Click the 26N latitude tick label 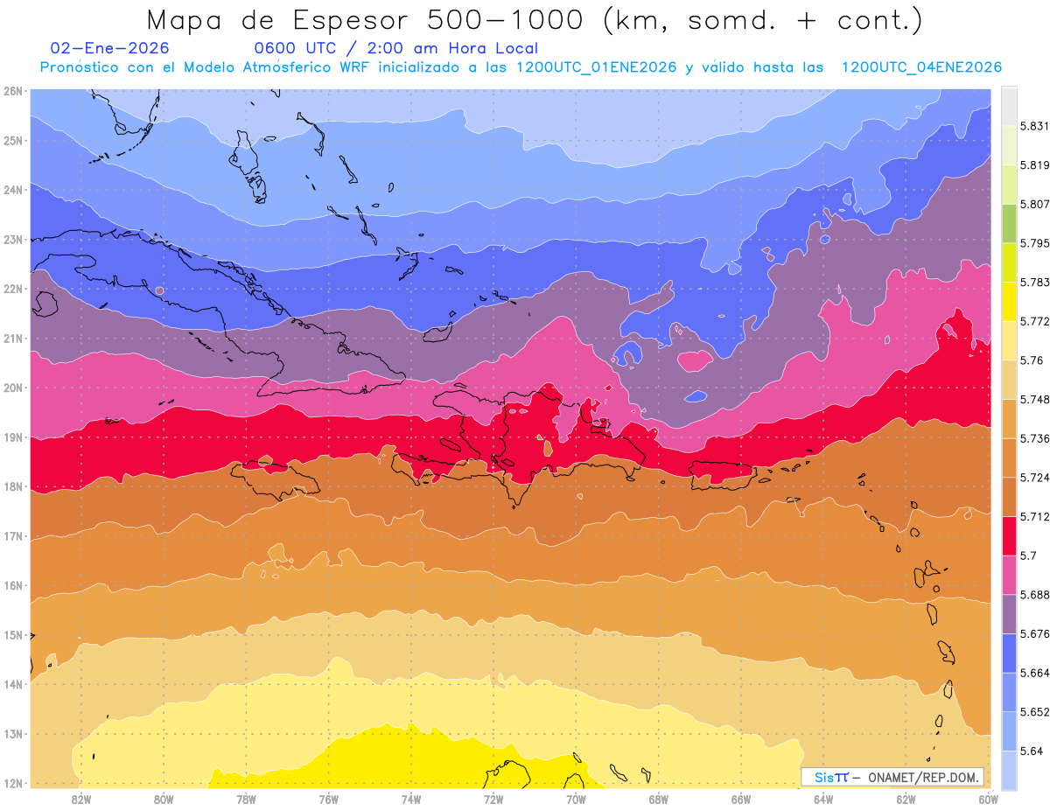(14, 91)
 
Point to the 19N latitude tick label (14, 437)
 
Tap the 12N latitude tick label (14, 784)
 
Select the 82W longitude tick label (81, 799)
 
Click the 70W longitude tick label (576, 799)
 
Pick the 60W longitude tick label (989, 799)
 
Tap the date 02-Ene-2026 (110, 48)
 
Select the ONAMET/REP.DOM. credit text (924, 778)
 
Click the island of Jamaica (276, 479)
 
